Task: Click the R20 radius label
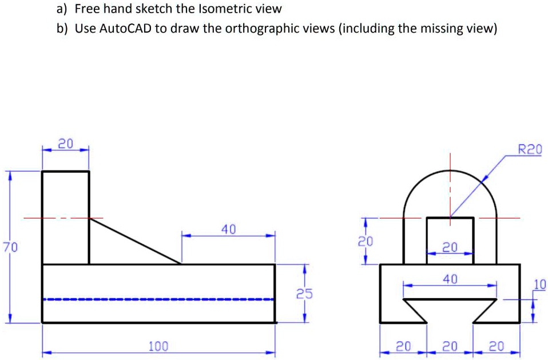tap(529, 150)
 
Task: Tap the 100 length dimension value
tap(158, 346)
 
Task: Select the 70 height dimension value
tap(10, 247)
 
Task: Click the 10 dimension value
tap(539, 284)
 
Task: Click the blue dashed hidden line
tap(158, 299)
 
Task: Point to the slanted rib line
tap(134, 241)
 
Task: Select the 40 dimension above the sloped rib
tap(228, 229)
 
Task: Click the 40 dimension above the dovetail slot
tap(450, 279)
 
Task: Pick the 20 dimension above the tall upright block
tap(66, 144)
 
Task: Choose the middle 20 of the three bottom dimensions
tap(450, 346)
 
